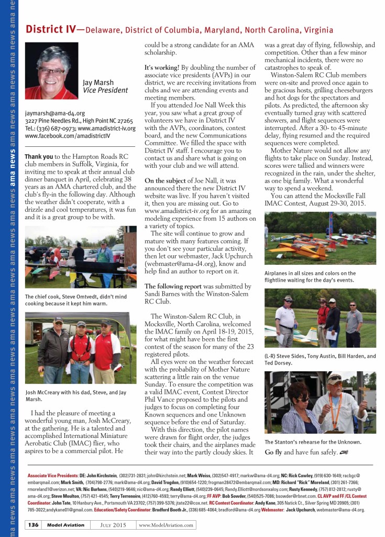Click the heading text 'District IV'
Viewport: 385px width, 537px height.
pos(50,29)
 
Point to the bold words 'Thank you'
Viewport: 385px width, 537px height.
pos(39,156)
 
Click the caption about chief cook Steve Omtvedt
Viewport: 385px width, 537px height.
pos(75,300)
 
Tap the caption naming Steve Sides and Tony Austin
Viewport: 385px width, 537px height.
pos(320,359)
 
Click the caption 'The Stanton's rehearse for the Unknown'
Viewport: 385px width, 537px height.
pos(313,442)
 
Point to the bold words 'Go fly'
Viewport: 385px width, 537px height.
pos(273,452)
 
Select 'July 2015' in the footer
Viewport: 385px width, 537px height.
pos(118,525)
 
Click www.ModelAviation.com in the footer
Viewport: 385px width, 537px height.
pos(166,525)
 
